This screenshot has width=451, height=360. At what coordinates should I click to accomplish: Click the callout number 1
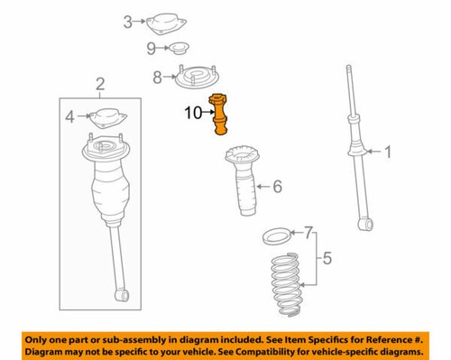pos(389,153)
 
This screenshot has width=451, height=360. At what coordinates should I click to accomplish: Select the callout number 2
pos(100,85)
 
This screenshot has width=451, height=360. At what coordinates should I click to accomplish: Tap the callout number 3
pos(127,21)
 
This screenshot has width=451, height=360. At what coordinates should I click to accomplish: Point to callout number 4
pos(69,115)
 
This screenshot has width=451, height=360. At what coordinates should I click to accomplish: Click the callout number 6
pos(277,187)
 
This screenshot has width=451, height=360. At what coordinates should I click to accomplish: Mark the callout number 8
pos(158,78)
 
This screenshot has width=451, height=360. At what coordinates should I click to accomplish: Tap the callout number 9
pos(151,47)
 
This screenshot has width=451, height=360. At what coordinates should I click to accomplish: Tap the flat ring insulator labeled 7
pos(274,239)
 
